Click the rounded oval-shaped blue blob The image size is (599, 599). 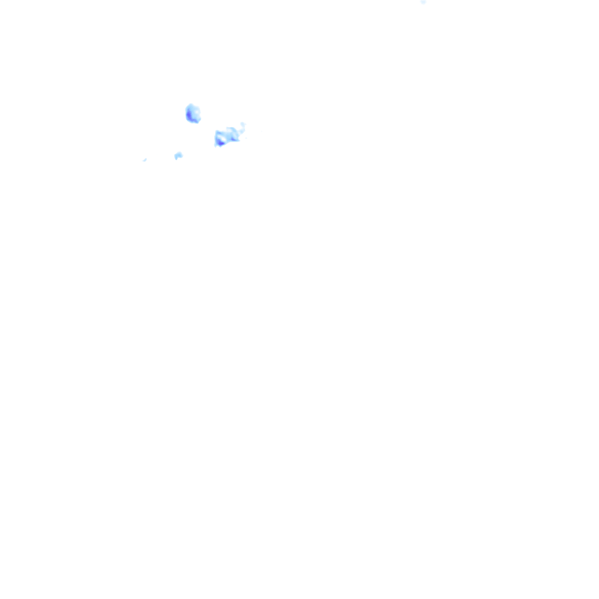pos(193,113)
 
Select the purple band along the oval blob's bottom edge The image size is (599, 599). pos(193,121)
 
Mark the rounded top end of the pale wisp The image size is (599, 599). pos(242,123)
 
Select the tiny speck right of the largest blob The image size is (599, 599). pos(246,138)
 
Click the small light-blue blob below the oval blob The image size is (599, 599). pos(178,155)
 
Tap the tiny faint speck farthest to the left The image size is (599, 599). pos(144,160)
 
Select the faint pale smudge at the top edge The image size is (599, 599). pos(423,2)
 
